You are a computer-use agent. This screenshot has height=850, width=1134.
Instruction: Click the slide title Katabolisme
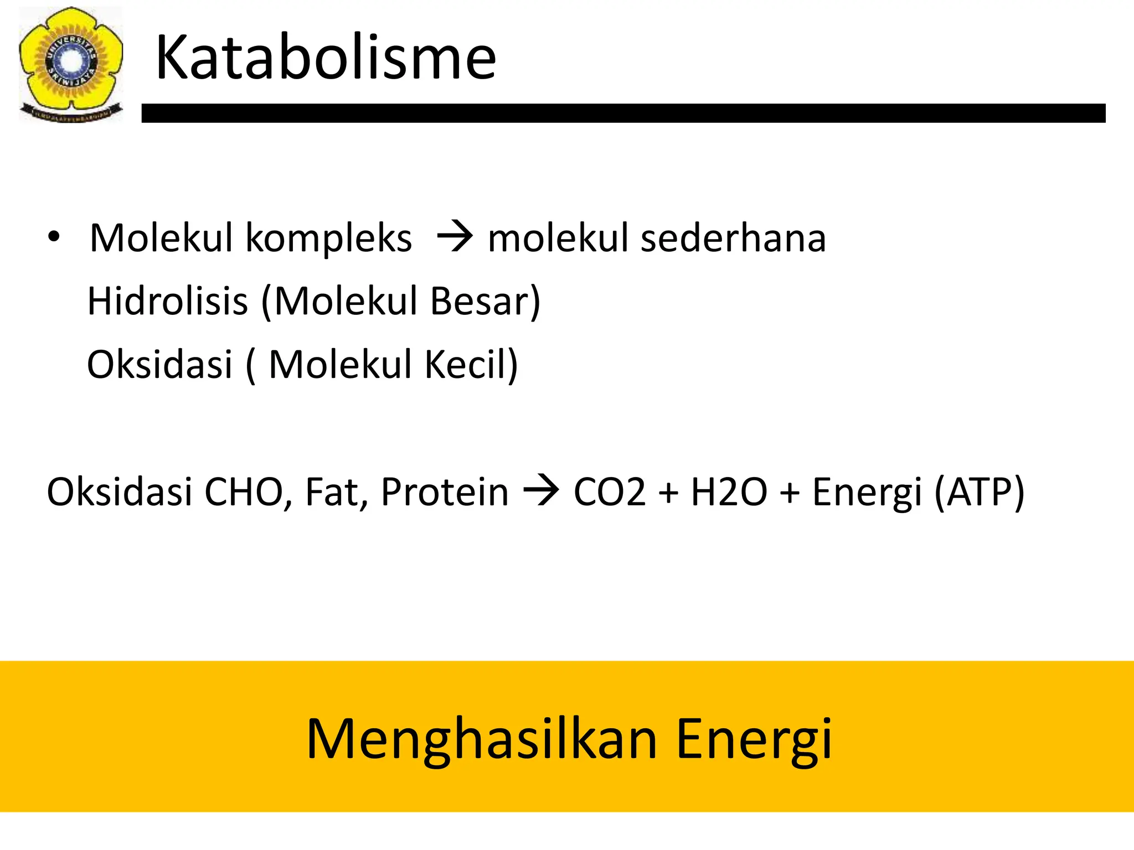point(326,58)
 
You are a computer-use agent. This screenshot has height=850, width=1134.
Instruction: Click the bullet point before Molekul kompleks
point(53,237)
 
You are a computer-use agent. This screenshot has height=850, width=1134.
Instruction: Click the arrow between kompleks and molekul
point(455,238)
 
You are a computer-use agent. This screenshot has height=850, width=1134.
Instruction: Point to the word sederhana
point(733,238)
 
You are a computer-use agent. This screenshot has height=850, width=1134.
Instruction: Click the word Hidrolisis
point(168,301)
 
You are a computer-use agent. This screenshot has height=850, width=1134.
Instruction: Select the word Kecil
point(469,365)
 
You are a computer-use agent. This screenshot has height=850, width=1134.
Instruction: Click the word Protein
point(444,492)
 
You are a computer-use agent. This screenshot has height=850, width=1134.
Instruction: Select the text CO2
point(609,492)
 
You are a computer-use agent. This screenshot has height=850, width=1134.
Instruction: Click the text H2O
point(729,492)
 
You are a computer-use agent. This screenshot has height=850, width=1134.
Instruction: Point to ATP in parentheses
point(979,492)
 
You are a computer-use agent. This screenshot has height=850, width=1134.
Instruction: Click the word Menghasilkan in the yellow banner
point(481,739)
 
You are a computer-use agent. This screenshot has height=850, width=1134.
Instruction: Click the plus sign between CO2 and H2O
point(668,492)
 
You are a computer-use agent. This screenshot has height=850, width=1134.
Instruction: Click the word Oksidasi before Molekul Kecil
point(160,365)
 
